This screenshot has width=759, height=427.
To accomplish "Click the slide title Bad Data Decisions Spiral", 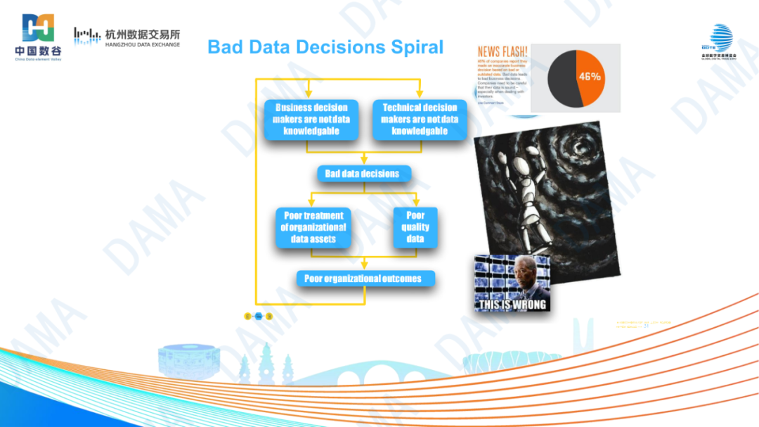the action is tap(325, 47).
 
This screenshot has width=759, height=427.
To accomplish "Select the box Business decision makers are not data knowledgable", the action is tap(311, 119).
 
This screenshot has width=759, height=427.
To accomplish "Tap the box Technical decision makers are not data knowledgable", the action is tap(420, 119).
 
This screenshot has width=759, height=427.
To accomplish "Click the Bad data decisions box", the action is tap(362, 174).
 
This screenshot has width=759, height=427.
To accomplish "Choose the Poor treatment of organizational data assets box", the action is tap(313, 227).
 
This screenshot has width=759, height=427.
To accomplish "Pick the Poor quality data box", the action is tap(415, 227).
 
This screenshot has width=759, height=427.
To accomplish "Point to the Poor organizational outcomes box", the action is tap(363, 279).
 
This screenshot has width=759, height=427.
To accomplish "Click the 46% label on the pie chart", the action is tap(589, 76).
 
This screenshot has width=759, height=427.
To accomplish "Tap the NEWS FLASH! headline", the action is tap(503, 52).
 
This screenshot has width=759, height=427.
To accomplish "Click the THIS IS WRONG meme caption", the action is tap(512, 305).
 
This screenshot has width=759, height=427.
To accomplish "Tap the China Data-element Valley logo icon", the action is tap(38, 29).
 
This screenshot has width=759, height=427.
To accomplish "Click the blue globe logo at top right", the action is tap(720, 37).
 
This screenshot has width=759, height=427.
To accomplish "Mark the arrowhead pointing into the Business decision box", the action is tap(309, 95).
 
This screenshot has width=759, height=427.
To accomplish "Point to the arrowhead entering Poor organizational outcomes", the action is tap(363, 266).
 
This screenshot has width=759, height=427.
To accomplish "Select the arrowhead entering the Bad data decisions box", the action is tap(363, 161).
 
